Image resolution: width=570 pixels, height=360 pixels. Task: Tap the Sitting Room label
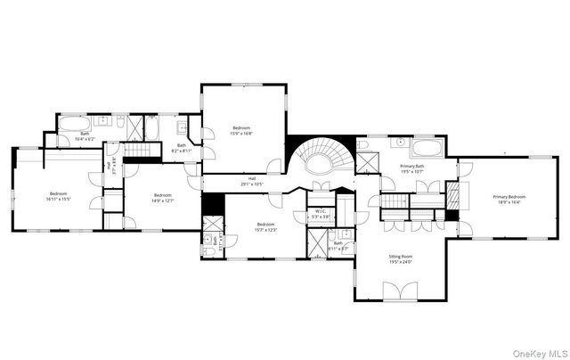point(400,259)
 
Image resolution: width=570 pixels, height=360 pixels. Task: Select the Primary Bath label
point(411,168)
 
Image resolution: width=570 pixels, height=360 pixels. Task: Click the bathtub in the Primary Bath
point(425,146)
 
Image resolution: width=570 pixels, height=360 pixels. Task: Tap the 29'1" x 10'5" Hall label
point(252,182)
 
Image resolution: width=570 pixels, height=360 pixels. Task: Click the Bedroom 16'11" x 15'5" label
point(60,196)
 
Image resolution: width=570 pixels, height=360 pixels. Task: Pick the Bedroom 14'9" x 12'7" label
point(162,198)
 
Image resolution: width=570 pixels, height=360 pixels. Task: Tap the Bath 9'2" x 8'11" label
point(182,148)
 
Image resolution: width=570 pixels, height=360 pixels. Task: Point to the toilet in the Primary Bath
point(362,144)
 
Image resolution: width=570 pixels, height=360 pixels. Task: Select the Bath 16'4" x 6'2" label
point(84,137)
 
